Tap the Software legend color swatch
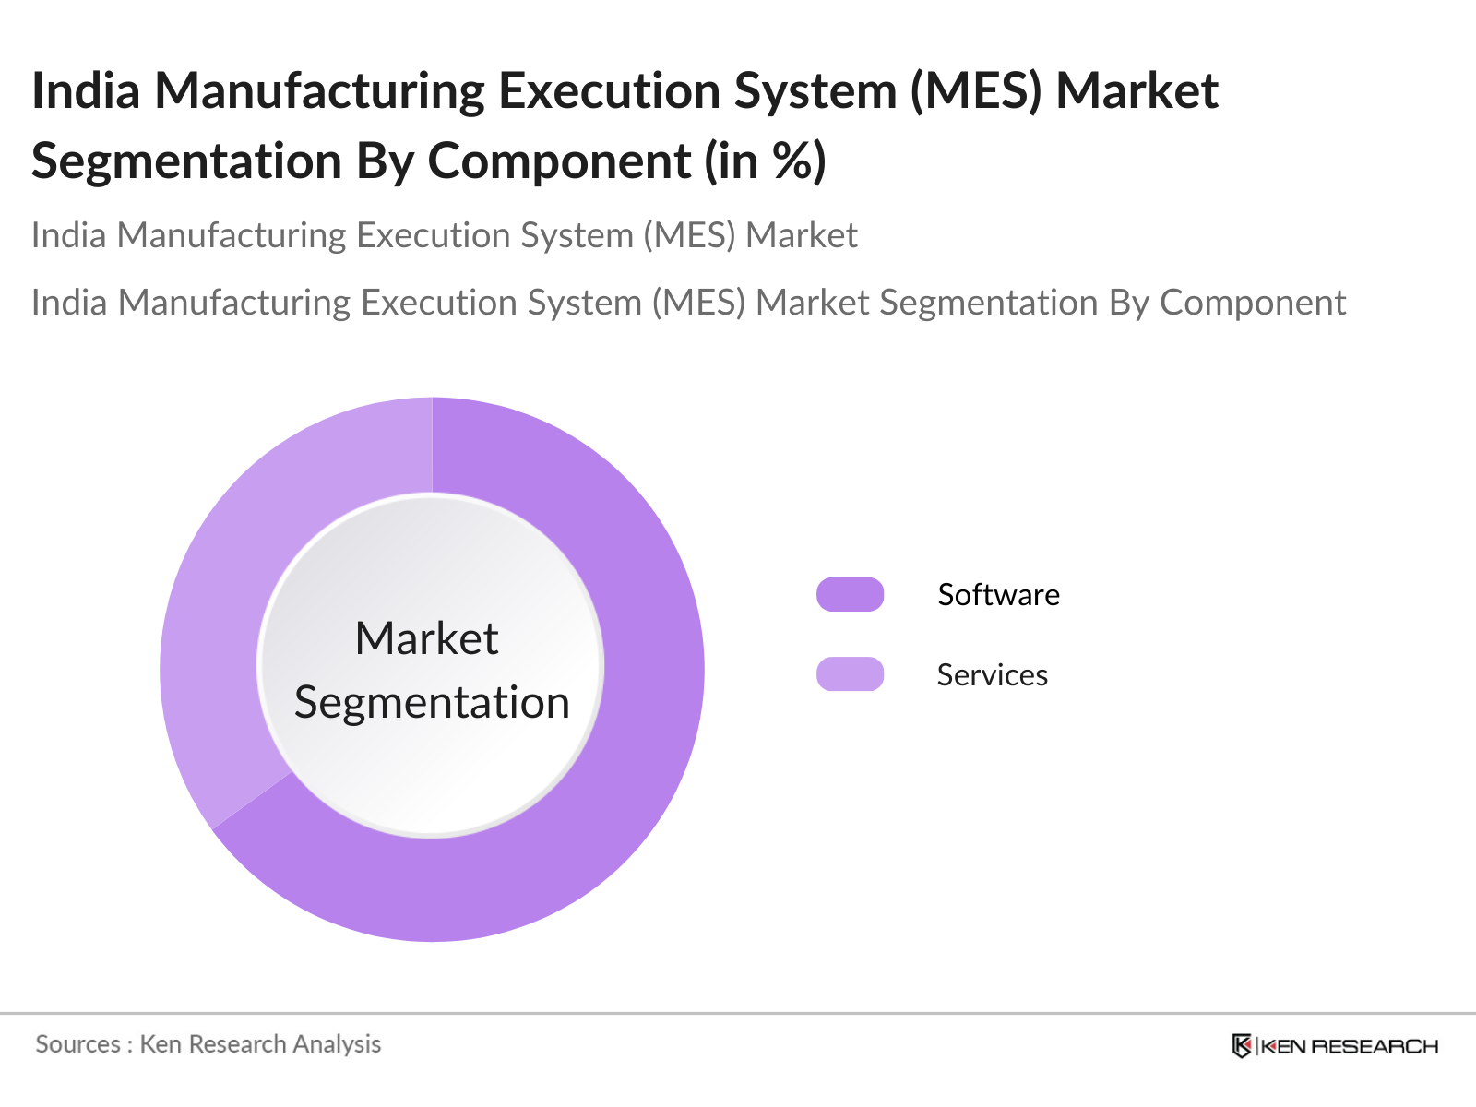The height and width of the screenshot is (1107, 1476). [850, 595]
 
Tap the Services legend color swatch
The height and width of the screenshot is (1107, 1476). [850, 674]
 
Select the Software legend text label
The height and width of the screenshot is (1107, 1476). [998, 595]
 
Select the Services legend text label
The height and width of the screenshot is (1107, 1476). [992, 675]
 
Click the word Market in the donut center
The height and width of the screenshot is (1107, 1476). [427, 638]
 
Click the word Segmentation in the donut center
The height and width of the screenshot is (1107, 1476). [432, 703]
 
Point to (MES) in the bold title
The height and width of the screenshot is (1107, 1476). [976, 91]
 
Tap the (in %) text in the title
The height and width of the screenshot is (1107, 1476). [765, 161]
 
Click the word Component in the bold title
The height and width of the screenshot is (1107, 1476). [559, 161]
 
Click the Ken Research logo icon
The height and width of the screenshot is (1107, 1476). [1242, 1046]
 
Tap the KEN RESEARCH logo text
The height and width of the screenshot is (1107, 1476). [1349, 1046]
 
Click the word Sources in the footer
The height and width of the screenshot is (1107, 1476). [77, 1044]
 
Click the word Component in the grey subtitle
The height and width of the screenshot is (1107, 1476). [1252, 303]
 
